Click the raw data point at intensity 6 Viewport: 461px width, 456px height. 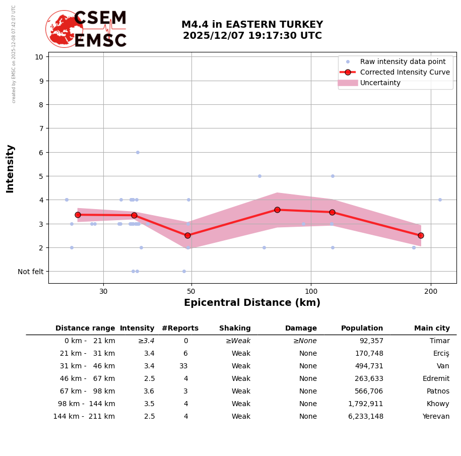pos(138,152)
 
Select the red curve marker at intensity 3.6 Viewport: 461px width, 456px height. pos(277,210)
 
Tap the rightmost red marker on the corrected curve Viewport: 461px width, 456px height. pos(421,235)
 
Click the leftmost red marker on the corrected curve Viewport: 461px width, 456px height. pos(78,215)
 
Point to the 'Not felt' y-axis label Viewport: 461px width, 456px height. pos(31,272)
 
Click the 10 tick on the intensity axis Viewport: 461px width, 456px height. pos(39,56)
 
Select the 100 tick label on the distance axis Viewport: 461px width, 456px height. pos(311,291)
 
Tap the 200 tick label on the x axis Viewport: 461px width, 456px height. pos(431,291)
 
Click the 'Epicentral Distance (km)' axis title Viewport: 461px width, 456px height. pos(252,303)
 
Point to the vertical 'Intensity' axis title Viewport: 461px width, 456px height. pos(10,168)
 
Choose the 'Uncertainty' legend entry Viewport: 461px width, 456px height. pos(380,83)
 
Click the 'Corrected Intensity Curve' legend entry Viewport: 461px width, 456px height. pos(405,72)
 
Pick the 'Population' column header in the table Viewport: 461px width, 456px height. pos(362,328)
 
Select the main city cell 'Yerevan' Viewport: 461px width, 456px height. pos(436,417)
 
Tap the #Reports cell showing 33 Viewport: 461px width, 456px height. pos(183,366)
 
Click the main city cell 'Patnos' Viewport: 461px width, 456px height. pos(438,392)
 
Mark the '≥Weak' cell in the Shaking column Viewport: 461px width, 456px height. pos(238,341)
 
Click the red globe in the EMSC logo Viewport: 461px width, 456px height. pos(64,29)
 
